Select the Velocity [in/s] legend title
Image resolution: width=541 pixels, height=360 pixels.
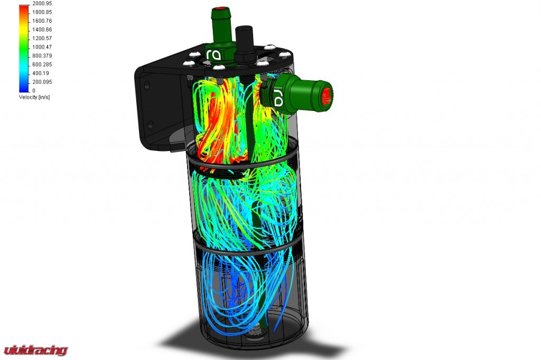pos(34,97)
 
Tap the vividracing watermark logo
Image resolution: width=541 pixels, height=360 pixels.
pos(35,350)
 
